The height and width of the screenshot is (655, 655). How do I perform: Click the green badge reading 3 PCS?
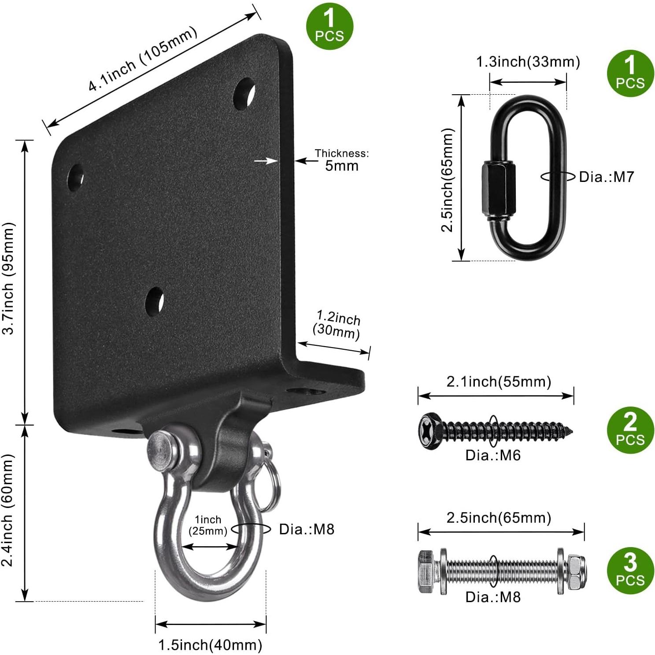coord(630,570)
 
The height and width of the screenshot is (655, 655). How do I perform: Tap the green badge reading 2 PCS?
coord(630,429)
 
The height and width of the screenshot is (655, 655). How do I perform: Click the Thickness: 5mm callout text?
coord(342,160)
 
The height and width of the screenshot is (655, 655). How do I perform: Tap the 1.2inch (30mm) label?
coord(337,325)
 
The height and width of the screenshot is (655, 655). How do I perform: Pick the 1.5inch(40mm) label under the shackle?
coord(210,645)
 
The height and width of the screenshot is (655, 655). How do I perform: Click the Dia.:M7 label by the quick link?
coord(606,177)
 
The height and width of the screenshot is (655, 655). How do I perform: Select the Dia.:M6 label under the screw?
coord(493,455)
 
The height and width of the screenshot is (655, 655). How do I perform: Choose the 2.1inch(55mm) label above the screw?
coord(499,381)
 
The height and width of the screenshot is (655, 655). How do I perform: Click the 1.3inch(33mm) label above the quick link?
coord(528,62)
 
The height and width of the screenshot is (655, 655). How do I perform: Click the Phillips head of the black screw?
coord(428,430)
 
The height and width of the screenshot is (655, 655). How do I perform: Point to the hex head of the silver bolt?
coord(426,570)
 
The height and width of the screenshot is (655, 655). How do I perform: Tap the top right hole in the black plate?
coord(244,93)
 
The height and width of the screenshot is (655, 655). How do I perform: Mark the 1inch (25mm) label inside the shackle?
coord(208,525)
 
